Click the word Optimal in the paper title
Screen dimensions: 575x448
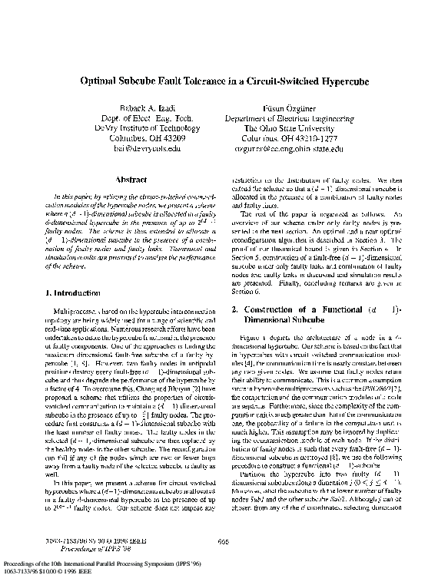point(103,80)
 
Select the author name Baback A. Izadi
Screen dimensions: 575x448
point(138,109)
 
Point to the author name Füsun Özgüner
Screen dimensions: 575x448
point(290,109)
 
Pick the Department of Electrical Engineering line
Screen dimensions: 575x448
point(290,119)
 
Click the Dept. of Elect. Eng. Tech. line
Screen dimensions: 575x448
point(138,119)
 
